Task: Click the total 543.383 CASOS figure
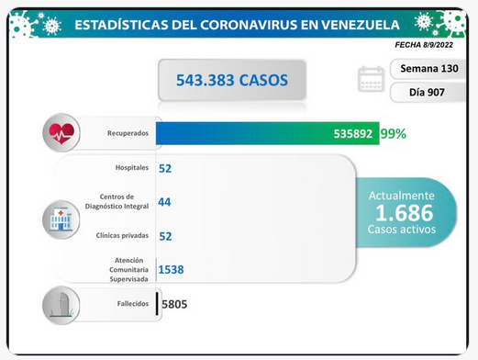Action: coord(232,80)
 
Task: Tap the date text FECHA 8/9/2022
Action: coord(424,45)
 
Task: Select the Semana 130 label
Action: coord(429,68)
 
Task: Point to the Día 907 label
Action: coord(427,92)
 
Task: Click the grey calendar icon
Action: coord(371,79)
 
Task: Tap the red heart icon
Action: coord(61,133)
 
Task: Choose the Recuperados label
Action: coord(128,133)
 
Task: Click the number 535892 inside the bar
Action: coord(353,134)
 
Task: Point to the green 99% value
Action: coord(394,134)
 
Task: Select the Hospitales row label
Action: coord(132,167)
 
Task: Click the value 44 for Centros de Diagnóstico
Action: coord(164,202)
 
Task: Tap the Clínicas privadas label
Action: coord(122,235)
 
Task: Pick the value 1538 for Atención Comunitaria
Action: coord(172,270)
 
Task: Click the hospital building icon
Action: coord(61,219)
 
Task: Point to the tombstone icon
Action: coord(61,305)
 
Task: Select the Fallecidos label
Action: coord(133,304)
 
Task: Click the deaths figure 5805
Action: coord(174,304)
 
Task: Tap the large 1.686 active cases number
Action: coord(405,213)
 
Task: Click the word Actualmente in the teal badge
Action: coord(402,196)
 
